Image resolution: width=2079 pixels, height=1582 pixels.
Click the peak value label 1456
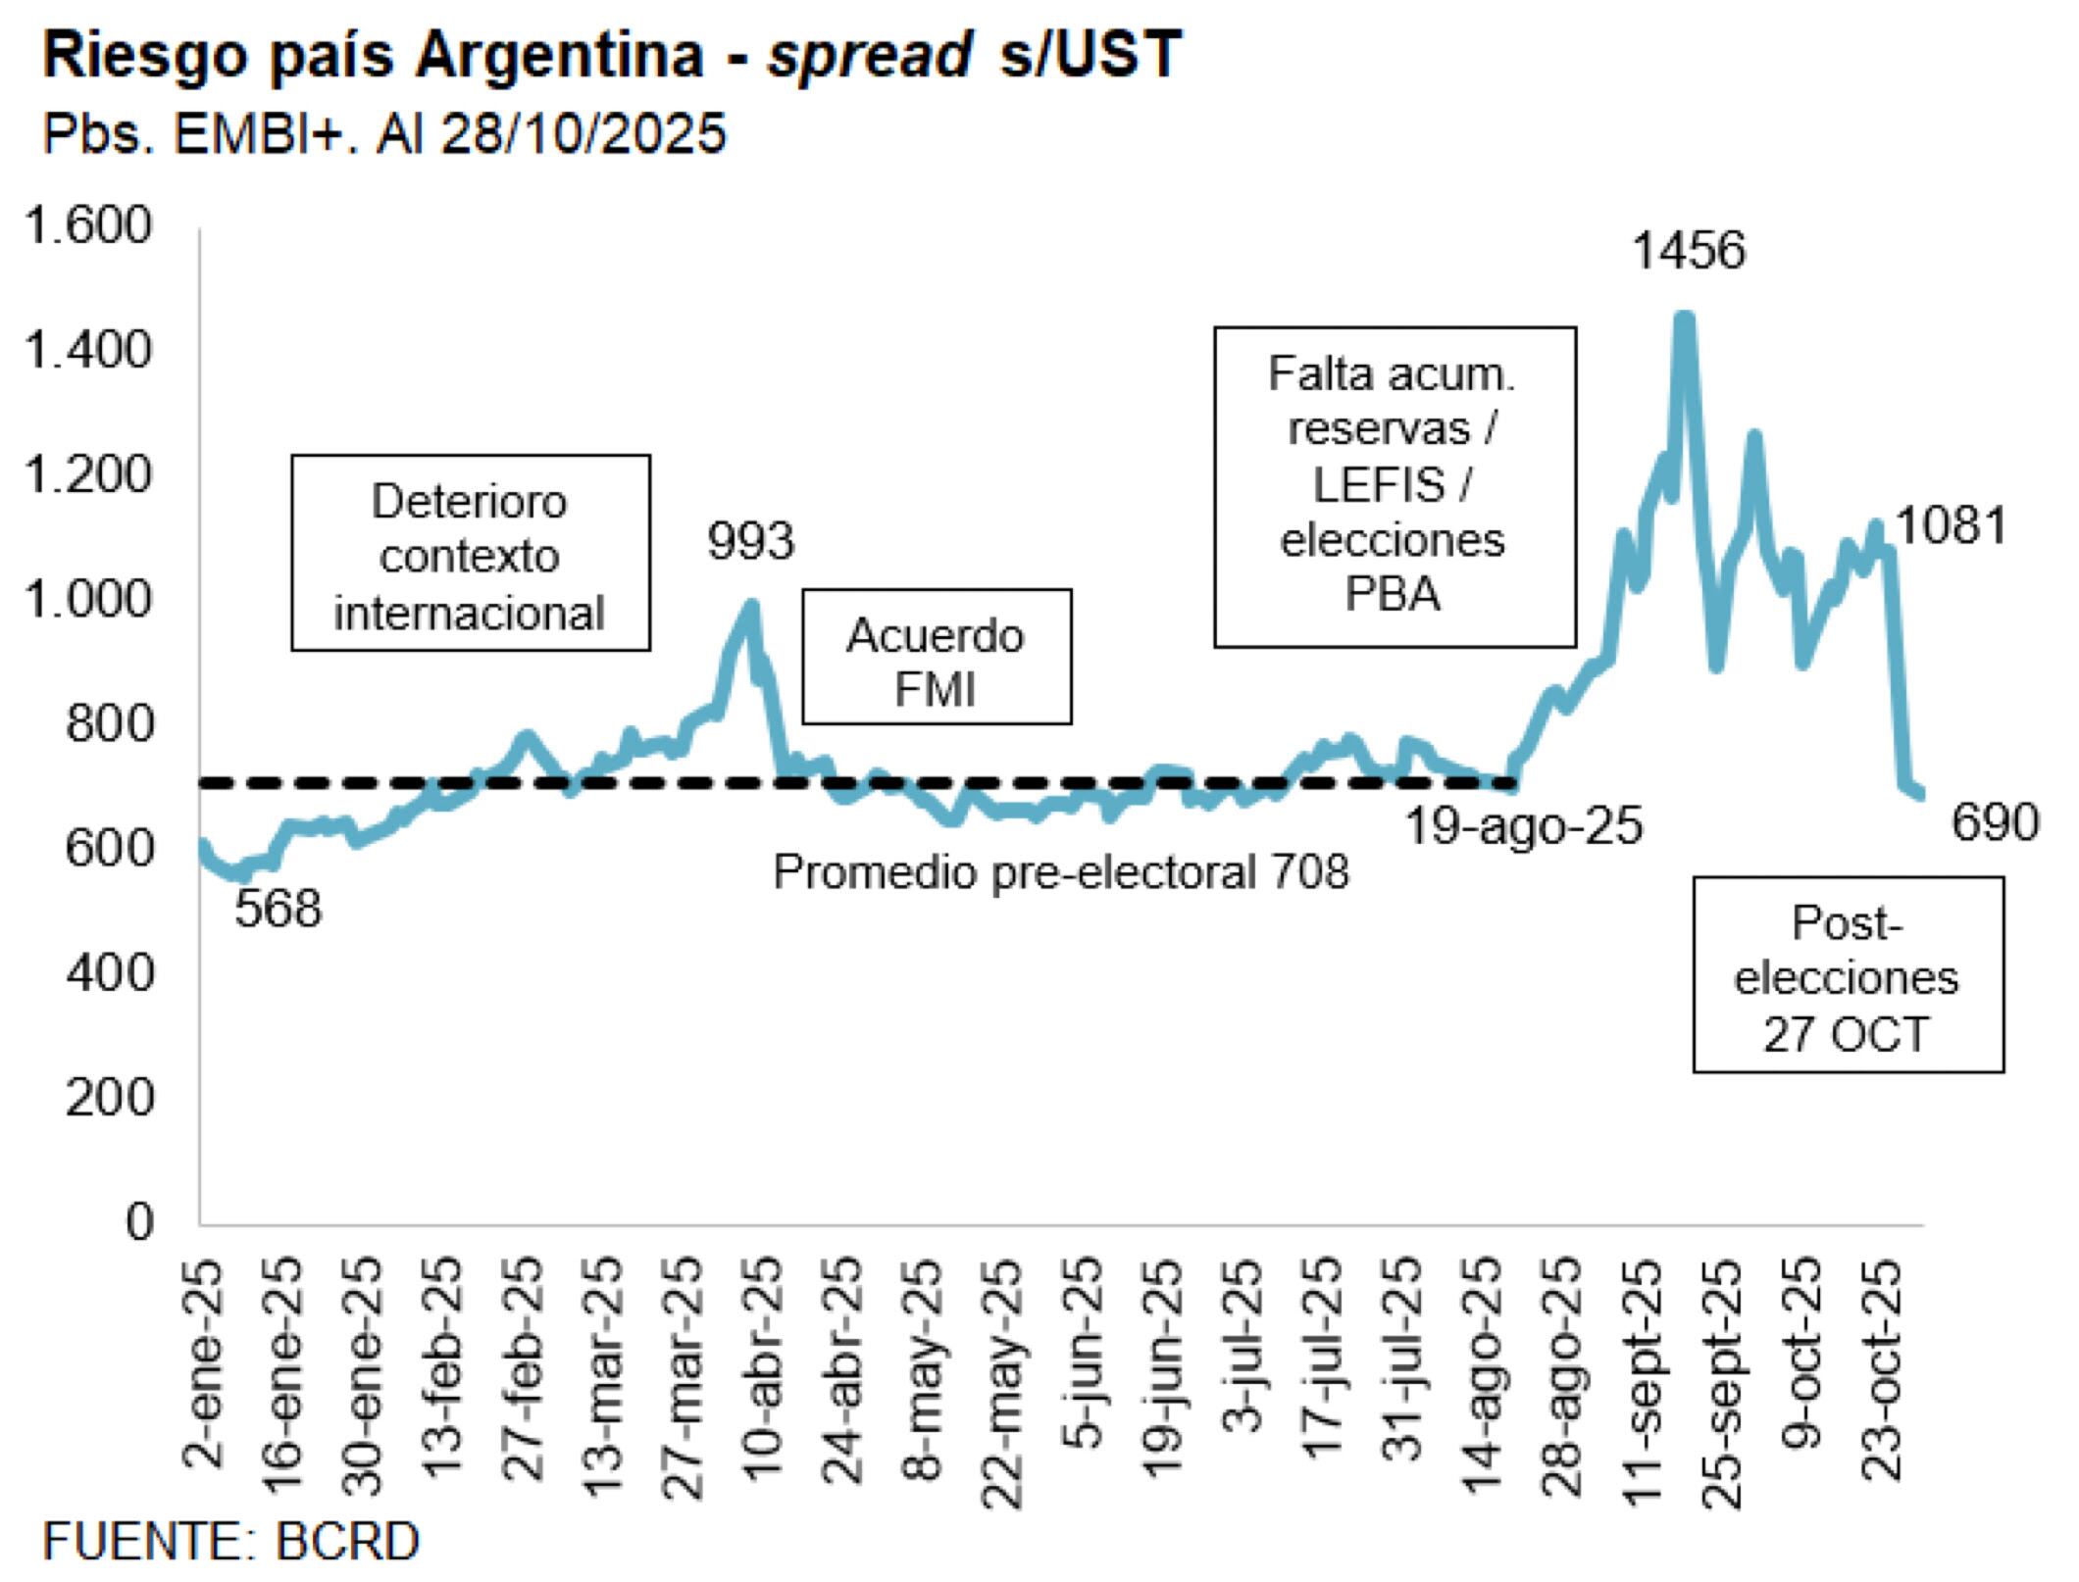pos(1689,251)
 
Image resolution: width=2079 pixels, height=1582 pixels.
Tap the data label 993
pos(751,541)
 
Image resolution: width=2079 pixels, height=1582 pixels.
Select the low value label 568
pos(278,910)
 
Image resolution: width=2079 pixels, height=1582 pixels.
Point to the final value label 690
pos(1995,822)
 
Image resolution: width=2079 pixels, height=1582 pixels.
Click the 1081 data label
pos(1952,526)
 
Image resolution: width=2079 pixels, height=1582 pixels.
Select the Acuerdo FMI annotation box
pos(937,657)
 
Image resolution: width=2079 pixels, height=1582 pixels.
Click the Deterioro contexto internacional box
pos(470,553)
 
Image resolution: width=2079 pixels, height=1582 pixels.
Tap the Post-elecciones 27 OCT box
pos(1848,975)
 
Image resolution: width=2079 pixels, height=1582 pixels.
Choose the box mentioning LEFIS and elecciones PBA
pos(1394,487)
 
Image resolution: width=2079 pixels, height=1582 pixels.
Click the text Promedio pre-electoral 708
pos(1061,871)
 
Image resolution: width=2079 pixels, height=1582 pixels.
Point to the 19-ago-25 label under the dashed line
pos(1524,826)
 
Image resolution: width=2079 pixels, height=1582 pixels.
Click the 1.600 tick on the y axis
pos(89,226)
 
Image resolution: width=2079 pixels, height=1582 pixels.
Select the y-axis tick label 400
pos(110,973)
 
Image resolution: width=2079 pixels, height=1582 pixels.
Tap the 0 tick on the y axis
pos(139,1222)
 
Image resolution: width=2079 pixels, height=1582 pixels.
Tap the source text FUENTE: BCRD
pos(231,1542)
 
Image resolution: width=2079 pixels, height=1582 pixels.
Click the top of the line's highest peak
pos(1684,317)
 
